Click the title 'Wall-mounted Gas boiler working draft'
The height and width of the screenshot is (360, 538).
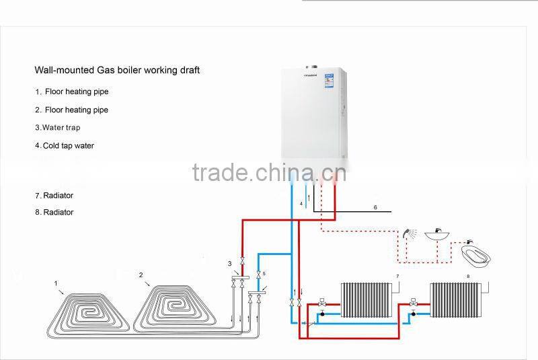click(117, 70)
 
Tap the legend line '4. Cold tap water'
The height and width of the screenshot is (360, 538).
click(65, 145)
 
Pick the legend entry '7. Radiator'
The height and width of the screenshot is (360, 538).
click(54, 196)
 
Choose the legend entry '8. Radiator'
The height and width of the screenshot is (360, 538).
click(54, 213)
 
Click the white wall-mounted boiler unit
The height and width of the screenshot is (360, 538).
click(313, 118)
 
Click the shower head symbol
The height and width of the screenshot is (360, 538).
click(409, 235)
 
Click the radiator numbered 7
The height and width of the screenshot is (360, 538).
click(367, 299)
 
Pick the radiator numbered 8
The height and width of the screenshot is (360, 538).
click(456, 299)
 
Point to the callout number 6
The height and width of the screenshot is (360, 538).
click(375, 207)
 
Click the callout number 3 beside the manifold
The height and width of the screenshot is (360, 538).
click(229, 263)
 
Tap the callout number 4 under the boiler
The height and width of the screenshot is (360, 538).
click(301, 203)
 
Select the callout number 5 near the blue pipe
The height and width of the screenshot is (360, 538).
click(264, 274)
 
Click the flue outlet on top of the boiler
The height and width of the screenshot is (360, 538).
click(312, 67)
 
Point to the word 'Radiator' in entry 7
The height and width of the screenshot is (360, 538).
click(59, 196)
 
